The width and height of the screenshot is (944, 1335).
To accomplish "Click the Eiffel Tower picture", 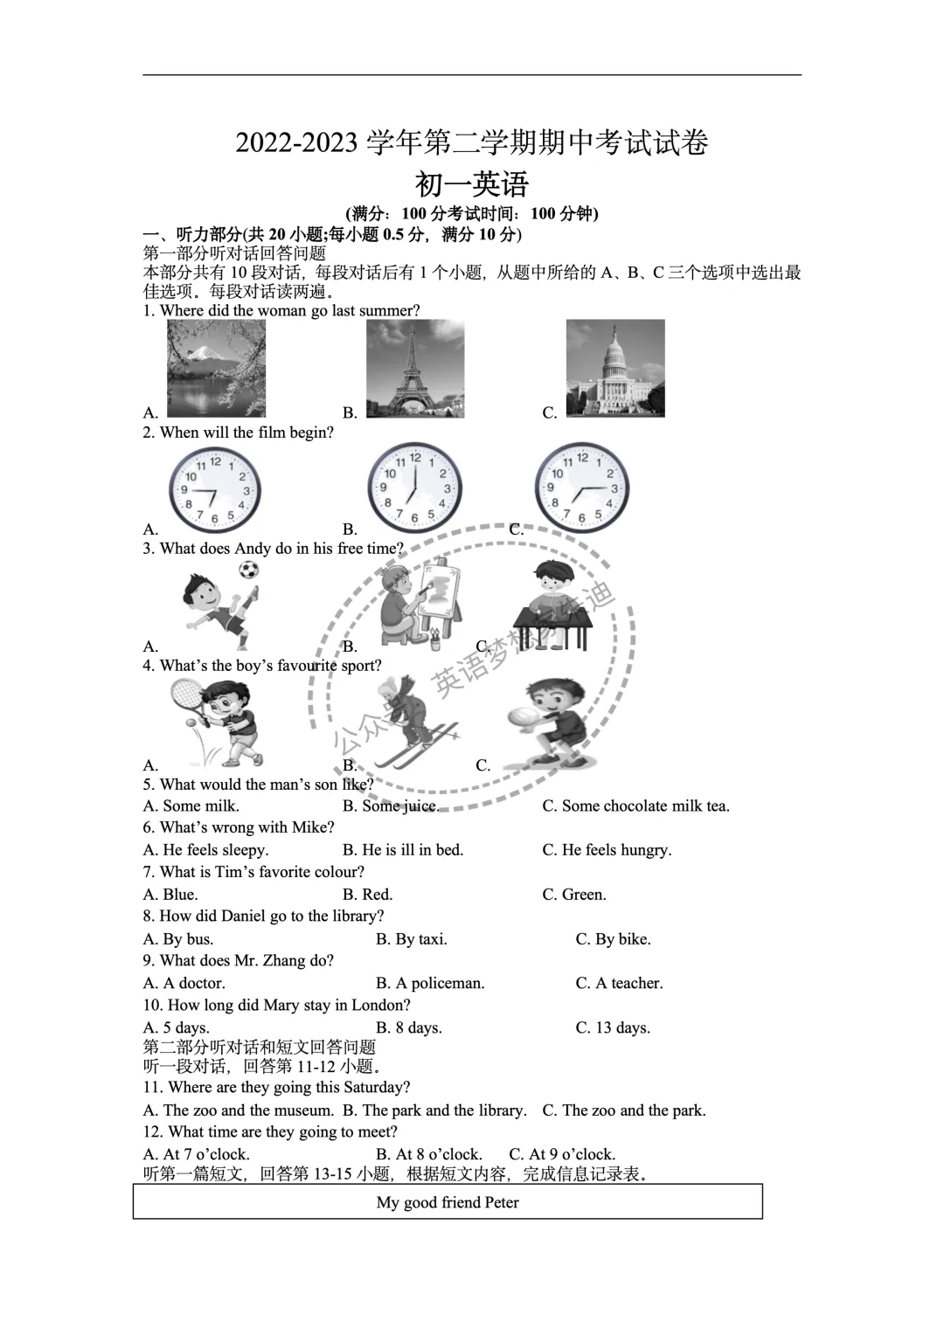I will click(415, 369).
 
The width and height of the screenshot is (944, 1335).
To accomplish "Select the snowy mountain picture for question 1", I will click(216, 368).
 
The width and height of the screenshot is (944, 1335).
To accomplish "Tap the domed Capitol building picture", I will click(615, 368).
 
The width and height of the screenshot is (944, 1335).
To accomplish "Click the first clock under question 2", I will click(215, 488).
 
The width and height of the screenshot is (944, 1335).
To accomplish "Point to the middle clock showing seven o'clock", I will click(415, 488).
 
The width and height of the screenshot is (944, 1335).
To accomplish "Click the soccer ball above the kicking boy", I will click(249, 571).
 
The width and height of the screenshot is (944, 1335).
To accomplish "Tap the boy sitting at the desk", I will click(552, 607).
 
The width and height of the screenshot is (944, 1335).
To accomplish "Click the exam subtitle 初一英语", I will click(472, 184).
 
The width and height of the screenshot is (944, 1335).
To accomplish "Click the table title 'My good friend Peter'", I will click(448, 1202).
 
